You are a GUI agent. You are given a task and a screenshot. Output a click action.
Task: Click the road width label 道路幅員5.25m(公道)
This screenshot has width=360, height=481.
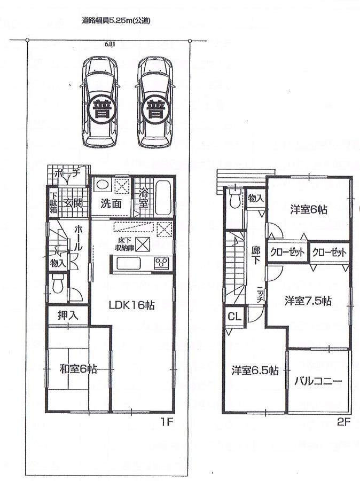[116, 21]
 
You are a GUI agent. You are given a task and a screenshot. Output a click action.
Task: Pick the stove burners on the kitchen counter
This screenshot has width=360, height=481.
[161, 262]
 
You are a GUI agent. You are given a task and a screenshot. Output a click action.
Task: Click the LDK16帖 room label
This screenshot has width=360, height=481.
[132, 305]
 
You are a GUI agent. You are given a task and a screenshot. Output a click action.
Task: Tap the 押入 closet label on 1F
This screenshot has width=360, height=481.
[69, 315]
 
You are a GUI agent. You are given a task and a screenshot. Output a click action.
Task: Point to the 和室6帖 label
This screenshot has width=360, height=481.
[78, 368]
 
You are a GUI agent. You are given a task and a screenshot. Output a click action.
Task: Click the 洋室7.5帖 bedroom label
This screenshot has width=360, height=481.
[308, 301]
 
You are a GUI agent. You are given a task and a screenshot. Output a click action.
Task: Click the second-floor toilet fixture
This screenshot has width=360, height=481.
[234, 201]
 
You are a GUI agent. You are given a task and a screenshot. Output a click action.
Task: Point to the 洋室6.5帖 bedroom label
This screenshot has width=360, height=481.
[255, 369]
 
